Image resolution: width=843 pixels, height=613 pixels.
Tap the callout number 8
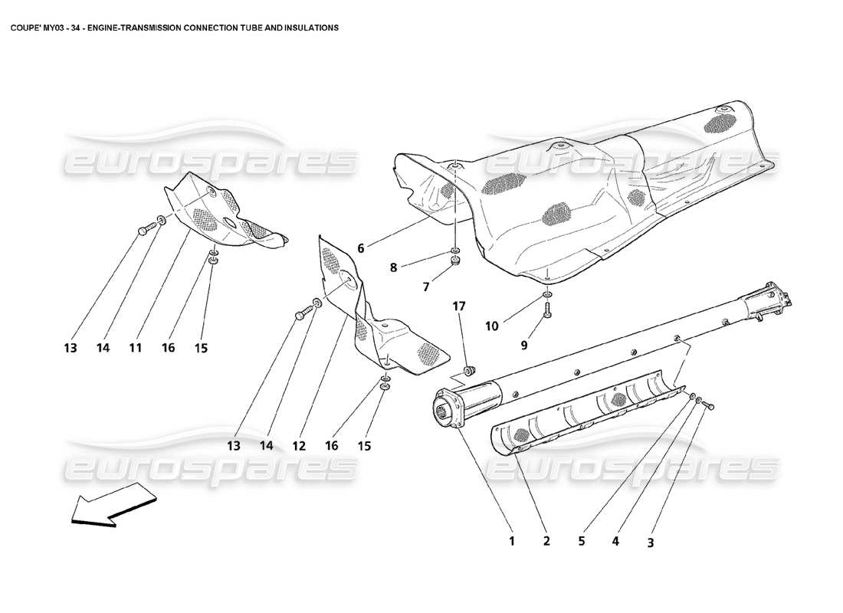click(x=394, y=267)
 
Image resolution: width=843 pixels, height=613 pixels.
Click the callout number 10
click(x=491, y=326)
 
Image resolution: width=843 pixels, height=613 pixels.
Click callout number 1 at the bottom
click(x=511, y=541)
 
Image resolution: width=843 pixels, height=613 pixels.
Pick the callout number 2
click(x=546, y=541)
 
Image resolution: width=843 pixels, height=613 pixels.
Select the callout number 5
click(x=581, y=541)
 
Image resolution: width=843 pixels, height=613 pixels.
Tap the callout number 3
click(x=650, y=543)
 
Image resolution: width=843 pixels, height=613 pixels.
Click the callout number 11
click(x=135, y=348)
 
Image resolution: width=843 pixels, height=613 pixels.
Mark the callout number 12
click(x=299, y=445)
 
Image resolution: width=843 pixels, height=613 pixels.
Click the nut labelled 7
click(x=455, y=263)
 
